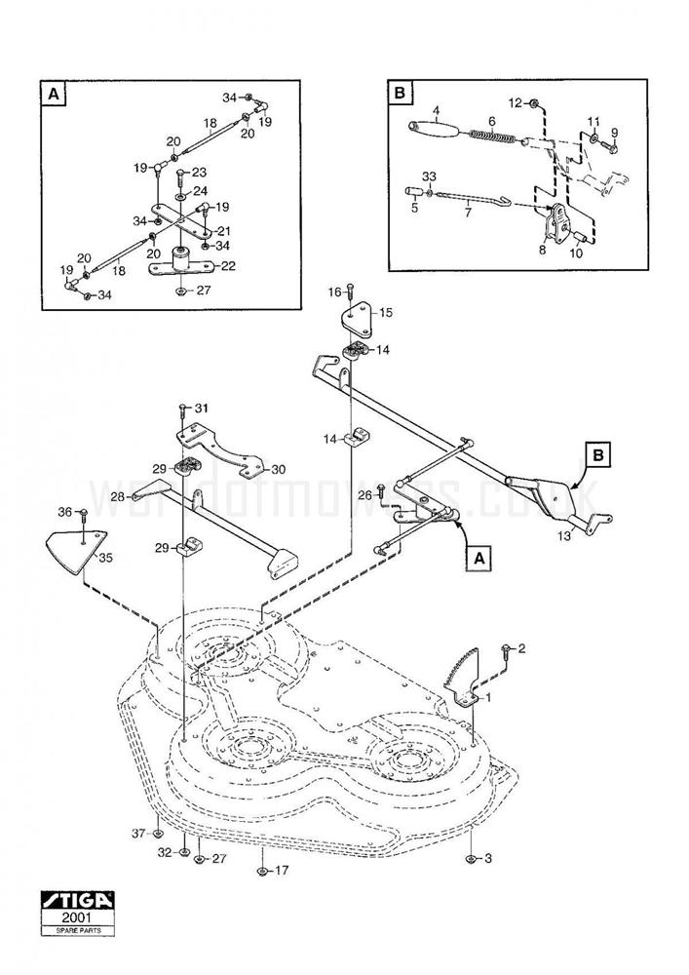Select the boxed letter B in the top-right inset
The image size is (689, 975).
[x=399, y=94]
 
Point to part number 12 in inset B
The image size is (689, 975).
[x=516, y=101]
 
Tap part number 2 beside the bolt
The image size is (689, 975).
[x=521, y=648]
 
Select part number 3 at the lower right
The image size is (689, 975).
[x=488, y=858]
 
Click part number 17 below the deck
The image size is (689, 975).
[x=283, y=870]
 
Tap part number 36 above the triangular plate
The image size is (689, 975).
[x=65, y=512]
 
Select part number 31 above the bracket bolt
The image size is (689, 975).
[x=201, y=408]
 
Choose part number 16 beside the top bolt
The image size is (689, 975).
[x=333, y=292]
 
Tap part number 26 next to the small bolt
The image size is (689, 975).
[x=364, y=496]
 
